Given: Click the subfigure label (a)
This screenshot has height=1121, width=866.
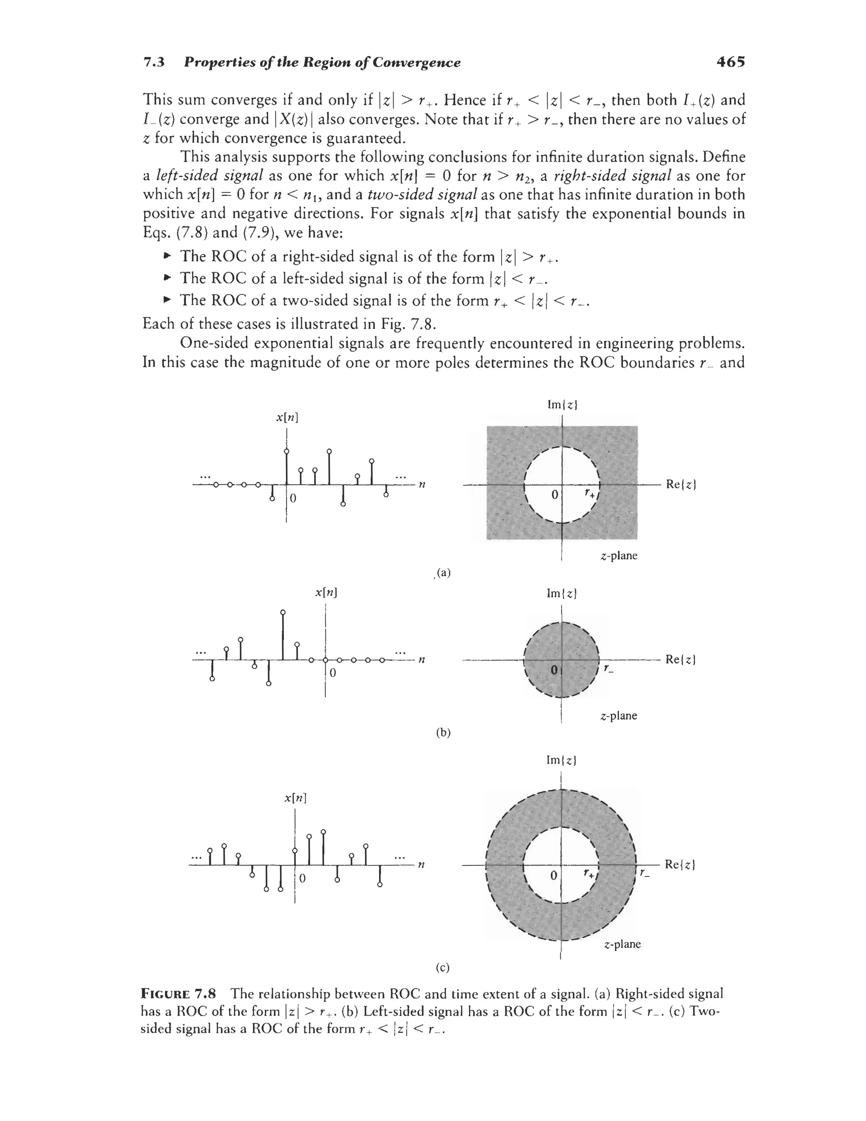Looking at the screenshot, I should tap(443, 573).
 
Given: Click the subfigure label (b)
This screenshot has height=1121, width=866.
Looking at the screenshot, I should tap(443, 733).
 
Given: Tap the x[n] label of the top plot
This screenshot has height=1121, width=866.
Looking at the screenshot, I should tap(287, 417).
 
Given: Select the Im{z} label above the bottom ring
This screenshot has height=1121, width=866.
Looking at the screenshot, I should tap(562, 760).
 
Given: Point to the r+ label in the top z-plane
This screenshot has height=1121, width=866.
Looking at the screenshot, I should tap(589, 494).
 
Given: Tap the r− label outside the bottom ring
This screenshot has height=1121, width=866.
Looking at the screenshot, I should tap(644, 873).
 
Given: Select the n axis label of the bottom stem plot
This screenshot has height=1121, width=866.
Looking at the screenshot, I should tap(421, 865).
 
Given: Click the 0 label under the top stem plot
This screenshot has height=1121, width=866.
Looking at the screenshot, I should tap(293, 499).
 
